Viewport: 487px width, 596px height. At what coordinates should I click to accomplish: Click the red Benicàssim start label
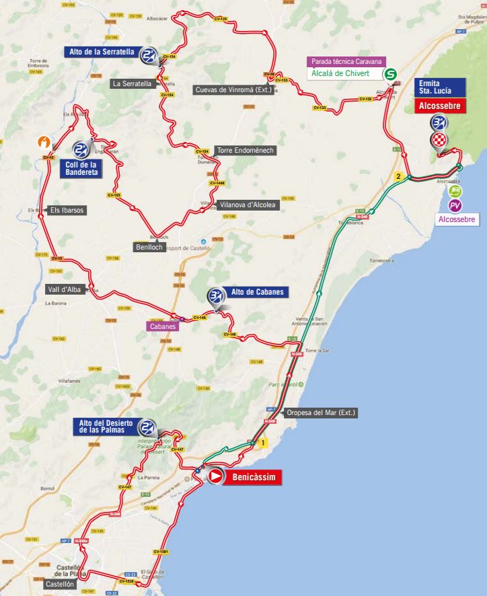pos(252,477)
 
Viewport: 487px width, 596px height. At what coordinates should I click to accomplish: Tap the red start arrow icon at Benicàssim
pos(216,476)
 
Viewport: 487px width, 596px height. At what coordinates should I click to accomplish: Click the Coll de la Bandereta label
pos(79,168)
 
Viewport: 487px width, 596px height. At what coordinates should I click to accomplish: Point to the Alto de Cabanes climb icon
pos(215,295)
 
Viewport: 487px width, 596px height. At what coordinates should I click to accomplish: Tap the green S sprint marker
pos(390,75)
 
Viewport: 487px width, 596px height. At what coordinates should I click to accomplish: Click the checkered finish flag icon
pos(439,140)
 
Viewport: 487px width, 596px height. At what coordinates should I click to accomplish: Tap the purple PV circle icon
pos(455,205)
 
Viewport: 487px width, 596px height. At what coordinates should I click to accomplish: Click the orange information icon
pos(45,142)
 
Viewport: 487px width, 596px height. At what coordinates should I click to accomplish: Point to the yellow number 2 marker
pos(399,177)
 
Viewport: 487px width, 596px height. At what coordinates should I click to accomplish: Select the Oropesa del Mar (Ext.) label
pos(320,412)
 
